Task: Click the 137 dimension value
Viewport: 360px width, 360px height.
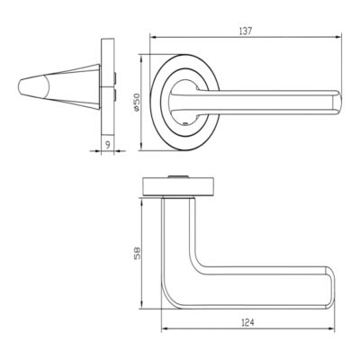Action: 246,31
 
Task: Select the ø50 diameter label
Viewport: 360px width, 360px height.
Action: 136,103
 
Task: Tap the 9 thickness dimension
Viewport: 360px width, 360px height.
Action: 108,144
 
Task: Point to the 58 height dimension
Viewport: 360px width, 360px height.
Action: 137,253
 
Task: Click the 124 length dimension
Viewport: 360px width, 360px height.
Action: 247,322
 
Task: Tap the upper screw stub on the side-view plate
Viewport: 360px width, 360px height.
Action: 115,78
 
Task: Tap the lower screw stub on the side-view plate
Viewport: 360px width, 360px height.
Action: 115,94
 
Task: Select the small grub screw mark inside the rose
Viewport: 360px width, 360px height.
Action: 185,123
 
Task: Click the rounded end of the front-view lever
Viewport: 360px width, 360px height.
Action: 337,102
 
